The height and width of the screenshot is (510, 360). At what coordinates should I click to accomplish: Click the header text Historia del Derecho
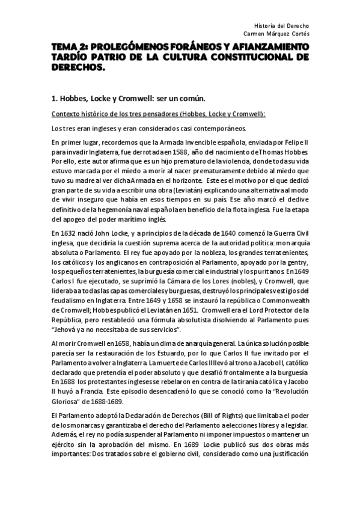[x=282, y=26]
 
